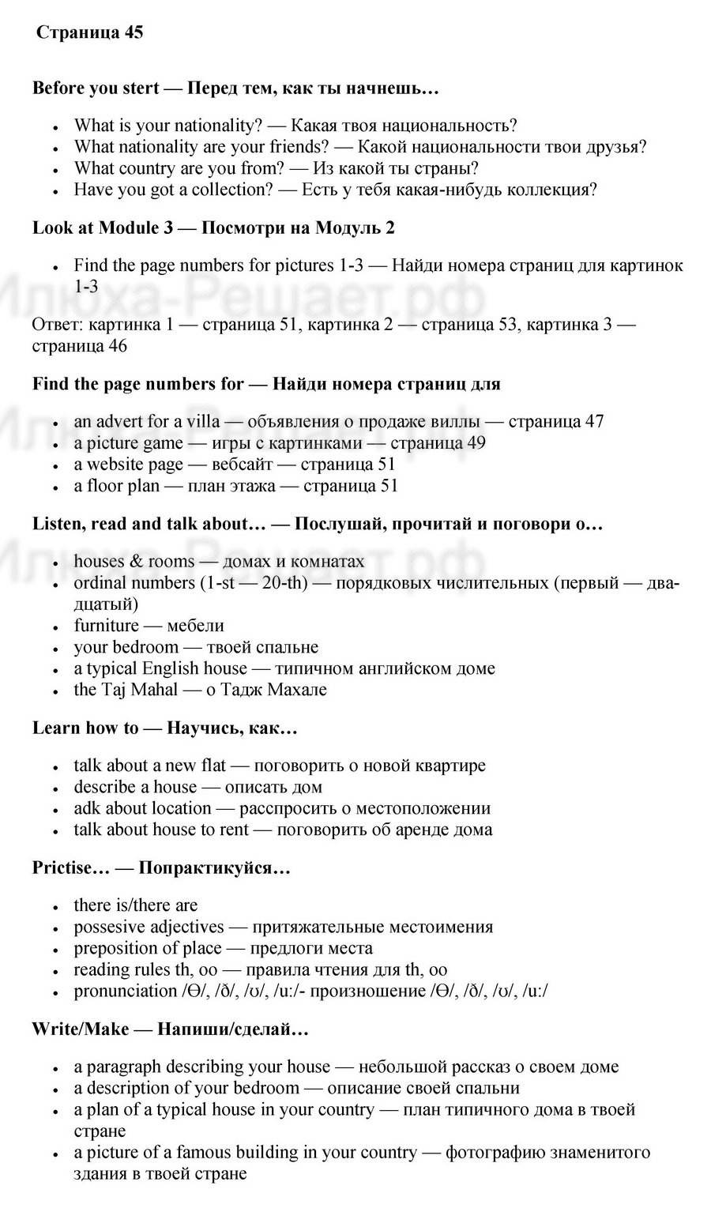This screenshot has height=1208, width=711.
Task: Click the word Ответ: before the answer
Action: (58, 325)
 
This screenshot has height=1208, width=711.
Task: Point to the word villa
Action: (202, 421)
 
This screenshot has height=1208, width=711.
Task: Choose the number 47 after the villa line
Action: (594, 421)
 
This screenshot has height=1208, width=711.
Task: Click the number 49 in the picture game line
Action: (476, 442)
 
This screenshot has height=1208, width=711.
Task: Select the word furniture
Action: (106, 626)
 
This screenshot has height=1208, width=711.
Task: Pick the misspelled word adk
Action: (87, 808)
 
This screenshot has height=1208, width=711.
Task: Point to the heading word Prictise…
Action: (70, 868)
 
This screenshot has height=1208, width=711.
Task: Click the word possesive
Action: (110, 927)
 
